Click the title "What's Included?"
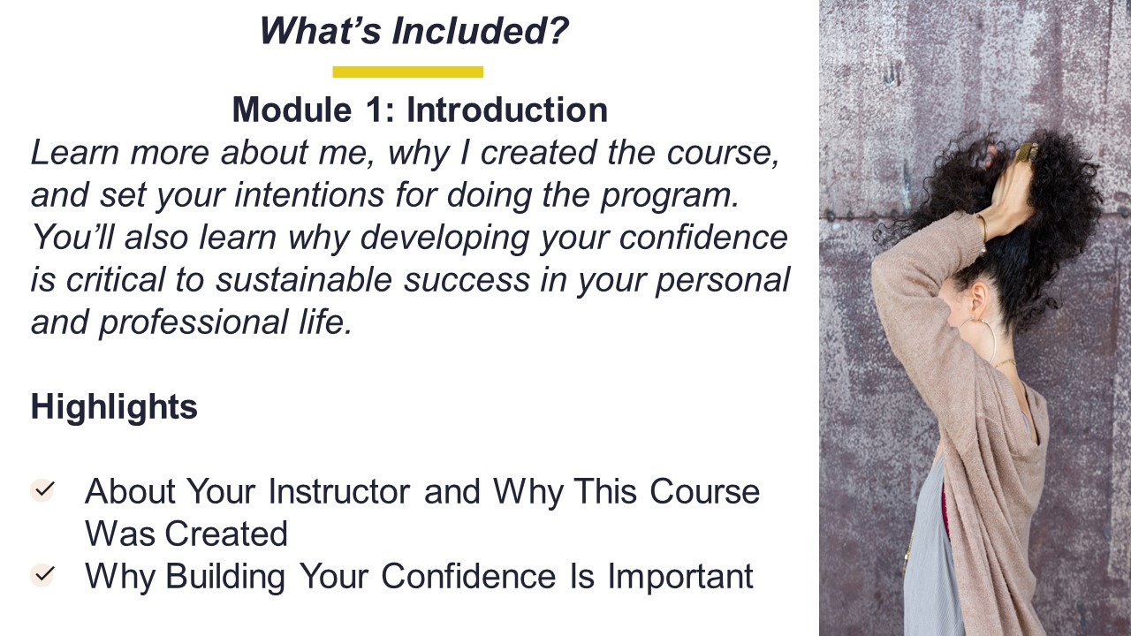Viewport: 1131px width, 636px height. tap(414, 30)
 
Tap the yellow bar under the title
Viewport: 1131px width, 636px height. tap(408, 72)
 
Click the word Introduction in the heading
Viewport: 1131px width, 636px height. tap(507, 110)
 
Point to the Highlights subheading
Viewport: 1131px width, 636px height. tap(114, 406)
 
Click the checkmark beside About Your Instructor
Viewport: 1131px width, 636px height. tap(42, 490)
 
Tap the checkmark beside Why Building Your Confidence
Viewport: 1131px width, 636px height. tap(42, 575)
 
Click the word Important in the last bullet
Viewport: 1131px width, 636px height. tap(680, 577)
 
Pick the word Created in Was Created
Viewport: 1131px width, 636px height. tap(226, 534)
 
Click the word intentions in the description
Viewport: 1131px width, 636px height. tap(309, 195)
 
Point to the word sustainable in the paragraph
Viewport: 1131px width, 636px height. tap(304, 280)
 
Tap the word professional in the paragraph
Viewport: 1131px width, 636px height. tap(194, 323)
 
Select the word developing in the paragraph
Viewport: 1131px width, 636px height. tap(444, 238)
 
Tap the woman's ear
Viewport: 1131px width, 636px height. tap(976, 298)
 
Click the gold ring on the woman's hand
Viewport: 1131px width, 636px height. tap(1027, 151)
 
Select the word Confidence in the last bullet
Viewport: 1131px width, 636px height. tap(468, 576)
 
